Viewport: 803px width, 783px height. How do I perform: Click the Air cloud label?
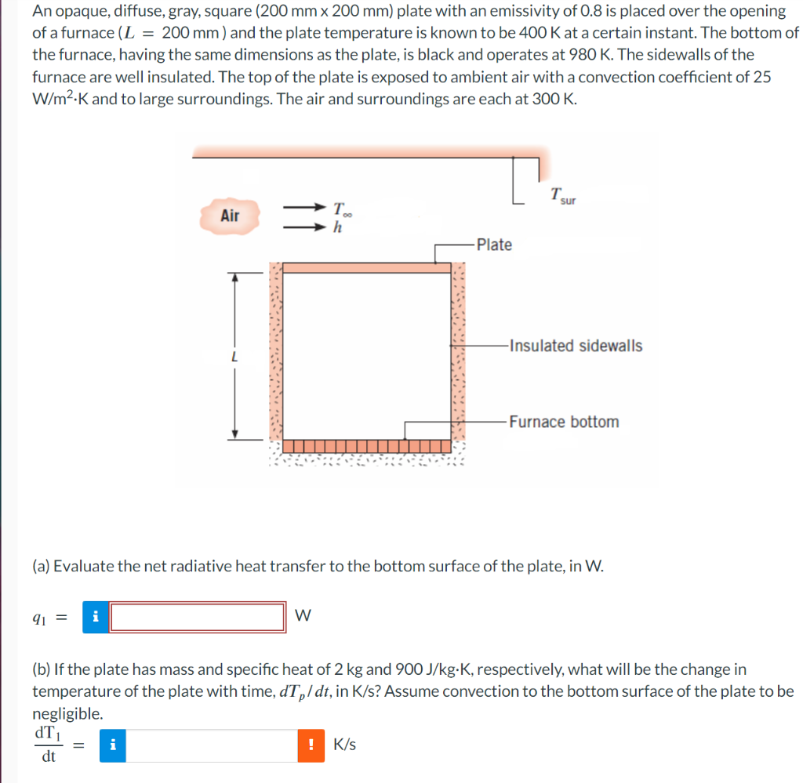click(x=230, y=216)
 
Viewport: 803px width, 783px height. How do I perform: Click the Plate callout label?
click(x=494, y=245)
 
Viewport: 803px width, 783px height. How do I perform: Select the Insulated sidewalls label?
click(x=575, y=346)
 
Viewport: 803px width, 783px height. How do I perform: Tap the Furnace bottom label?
click(x=563, y=422)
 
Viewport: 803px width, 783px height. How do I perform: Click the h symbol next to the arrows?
click(x=337, y=228)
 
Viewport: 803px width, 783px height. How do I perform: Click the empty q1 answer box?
click(x=198, y=617)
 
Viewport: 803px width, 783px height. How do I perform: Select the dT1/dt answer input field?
click(x=212, y=745)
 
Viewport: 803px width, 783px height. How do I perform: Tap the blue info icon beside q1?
click(x=96, y=617)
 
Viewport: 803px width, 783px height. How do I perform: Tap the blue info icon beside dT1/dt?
click(x=114, y=745)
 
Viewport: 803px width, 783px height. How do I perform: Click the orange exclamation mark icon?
click(x=311, y=745)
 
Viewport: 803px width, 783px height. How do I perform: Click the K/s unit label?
click(x=345, y=745)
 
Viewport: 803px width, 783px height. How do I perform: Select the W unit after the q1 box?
click(x=303, y=617)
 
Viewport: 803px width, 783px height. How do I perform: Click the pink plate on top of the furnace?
click(x=366, y=268)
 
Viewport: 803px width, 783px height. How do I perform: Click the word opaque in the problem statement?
click(x=78, y=11)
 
